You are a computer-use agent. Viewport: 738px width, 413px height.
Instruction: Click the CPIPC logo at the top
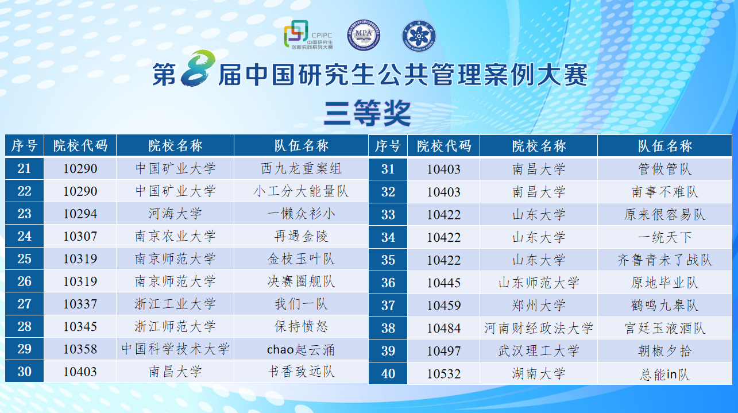pos(308,35)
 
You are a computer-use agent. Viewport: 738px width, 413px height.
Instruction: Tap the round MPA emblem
pos(364,35)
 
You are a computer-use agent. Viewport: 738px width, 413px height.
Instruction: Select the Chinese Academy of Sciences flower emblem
pos(419,36)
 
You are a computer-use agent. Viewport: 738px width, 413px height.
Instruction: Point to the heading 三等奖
pos(368,113)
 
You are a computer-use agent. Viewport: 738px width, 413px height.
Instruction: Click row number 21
pos(24,168)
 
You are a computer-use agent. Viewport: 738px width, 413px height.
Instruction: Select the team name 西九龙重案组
pos(301,168)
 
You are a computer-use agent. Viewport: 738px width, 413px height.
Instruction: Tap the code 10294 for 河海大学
pos(80,214)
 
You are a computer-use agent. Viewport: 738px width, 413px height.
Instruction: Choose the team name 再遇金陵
pos(301,236)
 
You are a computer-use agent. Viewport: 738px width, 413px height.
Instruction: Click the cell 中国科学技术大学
pos(175,349)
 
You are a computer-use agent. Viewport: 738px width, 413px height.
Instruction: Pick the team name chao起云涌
pos(300,349)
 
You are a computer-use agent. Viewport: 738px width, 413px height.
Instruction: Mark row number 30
pos(24,372)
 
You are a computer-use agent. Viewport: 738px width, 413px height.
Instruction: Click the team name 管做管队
pos(665,169)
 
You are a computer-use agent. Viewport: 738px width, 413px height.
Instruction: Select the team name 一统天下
pos(665,237)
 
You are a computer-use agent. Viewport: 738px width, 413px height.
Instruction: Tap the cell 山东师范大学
pos(539,283)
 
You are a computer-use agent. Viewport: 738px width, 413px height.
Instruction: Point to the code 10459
pos(443,305)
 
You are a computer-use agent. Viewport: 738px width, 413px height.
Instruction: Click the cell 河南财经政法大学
pos(539,328)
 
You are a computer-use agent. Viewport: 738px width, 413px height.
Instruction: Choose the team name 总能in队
pos(665,374)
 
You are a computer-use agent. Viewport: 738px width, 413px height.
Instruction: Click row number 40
pos(388,373)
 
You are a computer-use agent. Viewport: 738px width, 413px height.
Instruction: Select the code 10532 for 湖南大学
pos(443,373)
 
